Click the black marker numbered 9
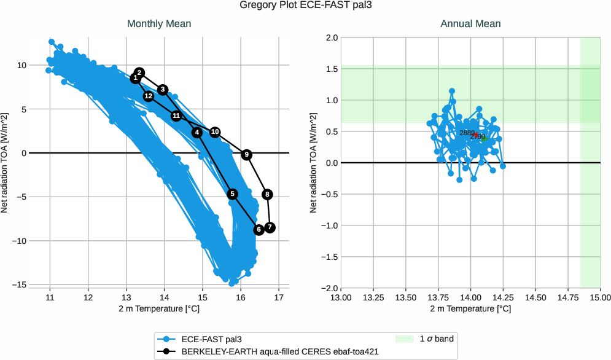tap(246, 155)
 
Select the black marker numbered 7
tap(270, 227)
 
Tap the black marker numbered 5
tap(232, 194)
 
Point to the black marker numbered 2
tap(139, 72)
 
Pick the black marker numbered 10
tap(215, 132)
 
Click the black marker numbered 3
tap(163, 90)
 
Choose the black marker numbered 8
tap(267, 194)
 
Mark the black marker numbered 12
tap(149, 96)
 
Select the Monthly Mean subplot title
tap(159, 24)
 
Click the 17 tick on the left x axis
tap(279, 297)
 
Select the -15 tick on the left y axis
tap(20, 285)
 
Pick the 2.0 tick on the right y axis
tap(329, 37)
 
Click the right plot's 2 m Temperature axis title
tap(470, 308)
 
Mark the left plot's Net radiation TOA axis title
tap(6, 163)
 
